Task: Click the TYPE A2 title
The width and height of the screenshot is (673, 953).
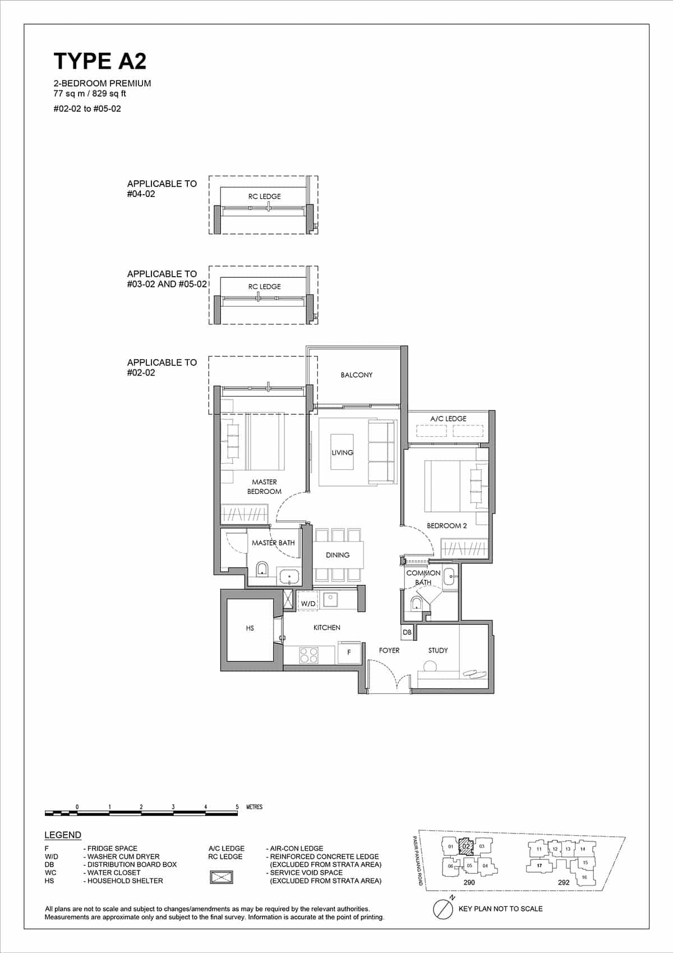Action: [100, 61]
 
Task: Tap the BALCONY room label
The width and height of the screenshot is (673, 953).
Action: [356, 375]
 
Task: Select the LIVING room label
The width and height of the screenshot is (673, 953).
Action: [342, 452]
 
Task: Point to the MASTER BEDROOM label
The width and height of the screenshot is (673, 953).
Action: [264, 487]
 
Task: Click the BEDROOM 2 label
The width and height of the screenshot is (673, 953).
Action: [446, 526]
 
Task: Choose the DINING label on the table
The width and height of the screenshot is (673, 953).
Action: [338, 555]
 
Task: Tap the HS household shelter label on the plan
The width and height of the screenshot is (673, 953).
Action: [250, 628]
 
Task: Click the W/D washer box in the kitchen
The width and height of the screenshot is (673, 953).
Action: [308, 603]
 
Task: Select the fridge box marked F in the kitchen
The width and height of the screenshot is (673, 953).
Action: [349, 652]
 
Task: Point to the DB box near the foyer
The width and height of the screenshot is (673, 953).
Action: [407, 632]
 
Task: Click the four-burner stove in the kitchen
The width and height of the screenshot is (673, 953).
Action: [309, 655]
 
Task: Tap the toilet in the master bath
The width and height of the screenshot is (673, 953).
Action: [262, 570]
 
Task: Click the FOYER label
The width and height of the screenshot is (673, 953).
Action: [389, 650]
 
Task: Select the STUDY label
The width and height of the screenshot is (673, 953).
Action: [438, 650]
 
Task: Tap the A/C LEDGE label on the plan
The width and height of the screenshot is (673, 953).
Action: [448, 419]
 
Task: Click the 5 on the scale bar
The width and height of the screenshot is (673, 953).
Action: [237, 807]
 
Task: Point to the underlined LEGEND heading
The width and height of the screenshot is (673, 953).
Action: [63, 835]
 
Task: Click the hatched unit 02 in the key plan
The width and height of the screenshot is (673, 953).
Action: [466, 846]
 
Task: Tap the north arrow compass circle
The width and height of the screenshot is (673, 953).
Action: [444, 909]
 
